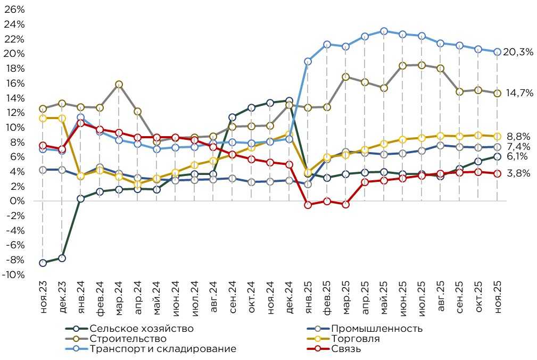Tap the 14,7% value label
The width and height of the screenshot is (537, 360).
[x=519, y=93]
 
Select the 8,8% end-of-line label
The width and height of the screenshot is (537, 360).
[x=519, y=136]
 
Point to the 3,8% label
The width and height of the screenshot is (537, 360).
[x=519, y=173]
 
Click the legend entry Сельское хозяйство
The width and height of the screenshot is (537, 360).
[x=142, y=329]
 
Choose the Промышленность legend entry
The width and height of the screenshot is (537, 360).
[x=376, y=329]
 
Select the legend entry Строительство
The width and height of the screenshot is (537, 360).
[x=128, y=339]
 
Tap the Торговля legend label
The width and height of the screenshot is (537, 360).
[x=355, y=339]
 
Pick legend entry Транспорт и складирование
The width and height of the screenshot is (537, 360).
[x=163, y=349]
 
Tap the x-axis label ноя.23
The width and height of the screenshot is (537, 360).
[x=43, y=298]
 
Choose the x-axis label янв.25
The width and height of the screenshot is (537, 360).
[x=308, y=298]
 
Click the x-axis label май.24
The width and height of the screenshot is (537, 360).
[x=156, y=298]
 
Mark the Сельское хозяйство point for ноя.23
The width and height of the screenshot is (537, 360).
[x=43, y=263]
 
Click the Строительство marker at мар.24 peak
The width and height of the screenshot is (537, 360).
[x=119, y=85]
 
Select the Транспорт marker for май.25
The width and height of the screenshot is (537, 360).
[x=384, y=31]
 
